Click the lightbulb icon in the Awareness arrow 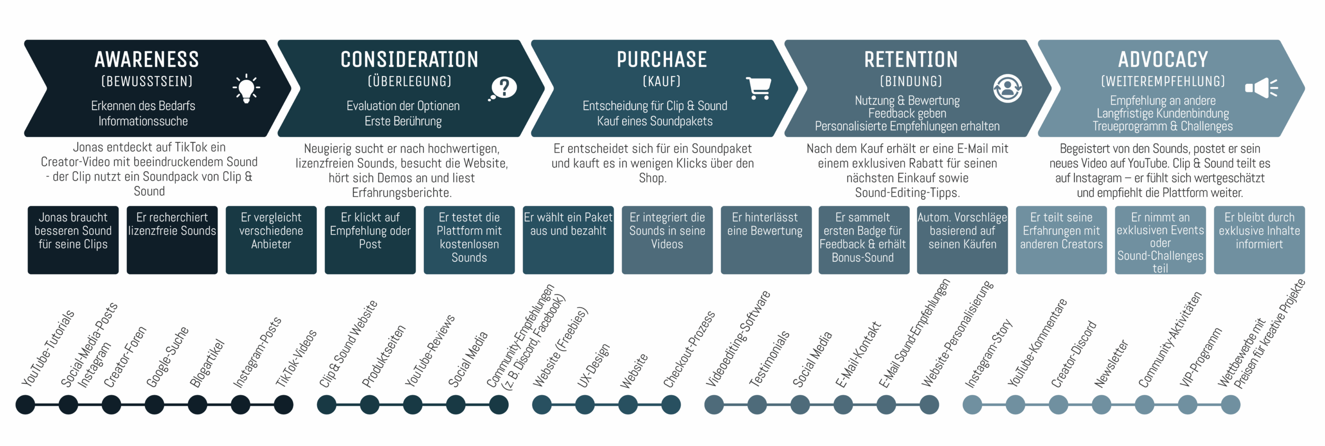246,88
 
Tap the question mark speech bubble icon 503,88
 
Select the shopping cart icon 759,88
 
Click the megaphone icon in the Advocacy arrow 1261,88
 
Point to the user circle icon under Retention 1007,88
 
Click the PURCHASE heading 661,60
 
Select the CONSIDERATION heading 409,60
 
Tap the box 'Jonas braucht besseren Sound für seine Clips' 73,240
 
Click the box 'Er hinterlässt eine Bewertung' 765,240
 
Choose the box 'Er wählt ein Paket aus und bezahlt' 568,240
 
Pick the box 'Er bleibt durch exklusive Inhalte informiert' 1259,240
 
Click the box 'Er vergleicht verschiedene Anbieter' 271,240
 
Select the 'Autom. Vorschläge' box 962,240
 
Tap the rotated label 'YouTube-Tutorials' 48,348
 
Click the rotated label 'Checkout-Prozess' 689,349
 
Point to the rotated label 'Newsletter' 1111,363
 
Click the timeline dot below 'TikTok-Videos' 283,405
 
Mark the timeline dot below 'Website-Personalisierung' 929,405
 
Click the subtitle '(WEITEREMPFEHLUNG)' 1162,81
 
